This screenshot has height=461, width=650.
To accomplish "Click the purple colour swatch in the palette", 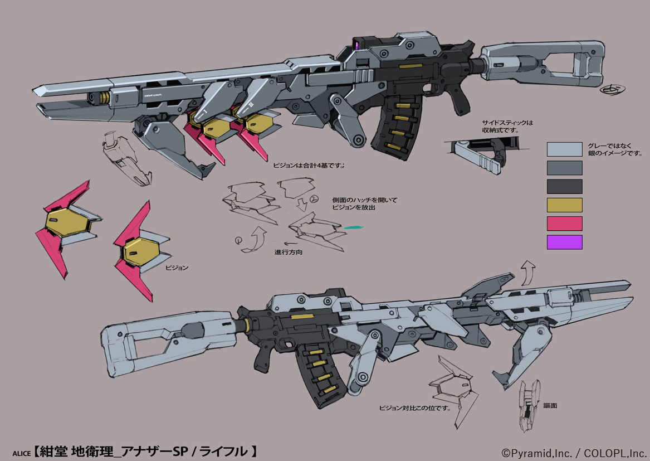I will click(x=564, y=242).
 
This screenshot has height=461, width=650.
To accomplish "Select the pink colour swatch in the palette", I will click(x=564, y=224).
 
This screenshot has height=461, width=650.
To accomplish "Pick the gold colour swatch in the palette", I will click(x=564, y=205).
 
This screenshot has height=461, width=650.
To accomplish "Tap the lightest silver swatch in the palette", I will click(x=564, y=149).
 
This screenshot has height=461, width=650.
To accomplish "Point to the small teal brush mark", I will click(x=353, y=227).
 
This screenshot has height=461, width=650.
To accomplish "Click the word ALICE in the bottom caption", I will click(x=22, y=453).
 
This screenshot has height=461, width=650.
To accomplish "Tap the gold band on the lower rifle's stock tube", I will click(x=243, y=324).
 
